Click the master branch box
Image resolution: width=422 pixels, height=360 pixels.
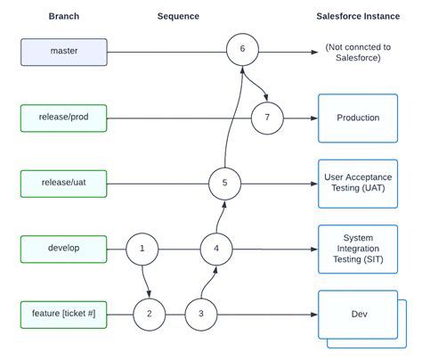coord(64,52)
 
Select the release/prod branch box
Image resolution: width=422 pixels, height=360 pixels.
coord(64,118)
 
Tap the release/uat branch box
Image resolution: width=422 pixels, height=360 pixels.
coord(64,184)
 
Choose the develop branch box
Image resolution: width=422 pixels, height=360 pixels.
coord(64,250)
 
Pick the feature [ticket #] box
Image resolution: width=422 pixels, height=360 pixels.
coord(64,315)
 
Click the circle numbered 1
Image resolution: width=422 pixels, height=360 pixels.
coord(142,249)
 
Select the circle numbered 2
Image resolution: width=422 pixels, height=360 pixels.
coord(150,314)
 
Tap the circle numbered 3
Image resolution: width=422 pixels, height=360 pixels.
coord(201,314)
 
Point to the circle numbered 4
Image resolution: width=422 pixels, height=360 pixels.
coord(216,249)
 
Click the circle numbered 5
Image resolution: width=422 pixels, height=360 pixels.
coord(224,183)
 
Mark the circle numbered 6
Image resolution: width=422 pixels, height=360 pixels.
coord(242,48)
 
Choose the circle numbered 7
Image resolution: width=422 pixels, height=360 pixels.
coord(267,117)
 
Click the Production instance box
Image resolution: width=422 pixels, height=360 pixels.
coord(358,118)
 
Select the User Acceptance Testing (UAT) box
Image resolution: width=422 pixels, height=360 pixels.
coord(358,184)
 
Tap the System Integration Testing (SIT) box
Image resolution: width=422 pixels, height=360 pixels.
coord(358,249)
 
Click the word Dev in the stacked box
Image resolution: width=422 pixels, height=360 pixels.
coord(358,314)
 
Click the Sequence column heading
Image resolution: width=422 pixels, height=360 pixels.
coord(178,16)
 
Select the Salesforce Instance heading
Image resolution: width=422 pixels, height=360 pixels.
coord(359,16)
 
